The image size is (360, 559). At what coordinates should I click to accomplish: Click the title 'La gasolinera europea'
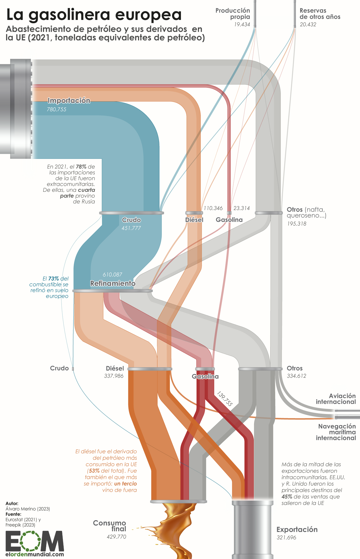pyautogui.click(x=94, y=15)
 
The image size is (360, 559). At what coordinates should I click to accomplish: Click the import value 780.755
pyautogui.click(x=57, y=109)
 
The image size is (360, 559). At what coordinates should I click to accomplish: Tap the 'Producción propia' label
pyautogui.click(x=233, y=14)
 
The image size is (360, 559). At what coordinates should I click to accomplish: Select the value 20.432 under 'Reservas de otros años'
pyautogui.click(x=308, y=25)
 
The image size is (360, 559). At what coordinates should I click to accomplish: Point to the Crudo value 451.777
pyautogui.click(x=131, y=228)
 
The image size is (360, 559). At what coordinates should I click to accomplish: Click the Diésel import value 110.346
pyautogui.click(x=213, y=208)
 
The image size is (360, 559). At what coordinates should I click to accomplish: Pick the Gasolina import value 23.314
pyautogui.click(x=241, y=208)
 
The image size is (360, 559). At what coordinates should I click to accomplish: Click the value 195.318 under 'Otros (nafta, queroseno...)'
pyautogui.click(x=297, y=224)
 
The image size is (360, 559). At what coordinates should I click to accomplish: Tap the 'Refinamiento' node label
pyautogui.click(x=113, y=283)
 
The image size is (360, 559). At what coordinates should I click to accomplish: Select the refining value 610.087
pyautogui.click(x=112, y=275)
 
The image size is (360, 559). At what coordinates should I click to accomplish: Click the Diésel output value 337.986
pyautogui.click(x=114, y=376)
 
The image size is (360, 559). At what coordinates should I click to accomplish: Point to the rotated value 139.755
pyautogui.click(x=225, y=398)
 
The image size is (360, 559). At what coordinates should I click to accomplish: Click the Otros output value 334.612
pyautogui.click(x=297, y=376)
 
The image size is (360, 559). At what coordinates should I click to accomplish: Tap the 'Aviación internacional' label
pyautogui.click(x=336, y=399)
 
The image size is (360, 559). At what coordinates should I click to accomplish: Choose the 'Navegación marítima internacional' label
pyautogui.click(x=336, y=432)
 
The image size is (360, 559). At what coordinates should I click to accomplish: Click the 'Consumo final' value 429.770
pyautogui.click(x=117, y=537)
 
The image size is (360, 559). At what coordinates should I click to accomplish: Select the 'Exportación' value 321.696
pyautogui.click(x=286, y=537)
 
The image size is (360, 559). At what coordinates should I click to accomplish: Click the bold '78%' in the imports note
pyautogui.click(x=81, y=167)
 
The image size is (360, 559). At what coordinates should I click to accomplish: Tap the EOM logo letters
pyautogui.click(x=35, y=541)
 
